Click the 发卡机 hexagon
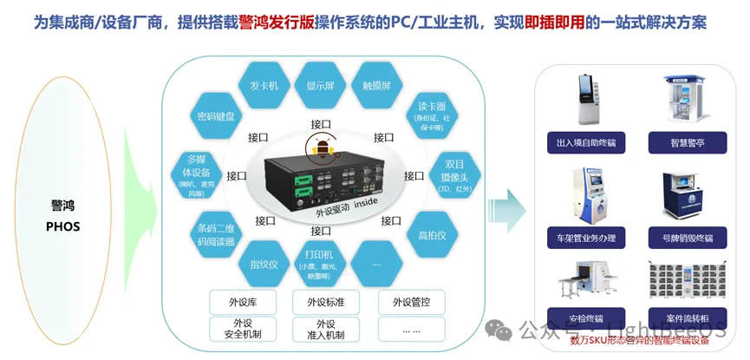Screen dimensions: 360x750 (x=264, y=87)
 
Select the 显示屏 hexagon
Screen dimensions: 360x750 (x=320, y=87)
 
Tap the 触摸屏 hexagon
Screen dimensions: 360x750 (x=376, y=87)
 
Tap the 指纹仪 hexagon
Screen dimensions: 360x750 (x=264, y=264)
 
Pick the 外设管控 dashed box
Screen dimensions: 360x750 (x=411, y=302)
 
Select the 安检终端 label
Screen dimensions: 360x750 (x=586, y=317)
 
